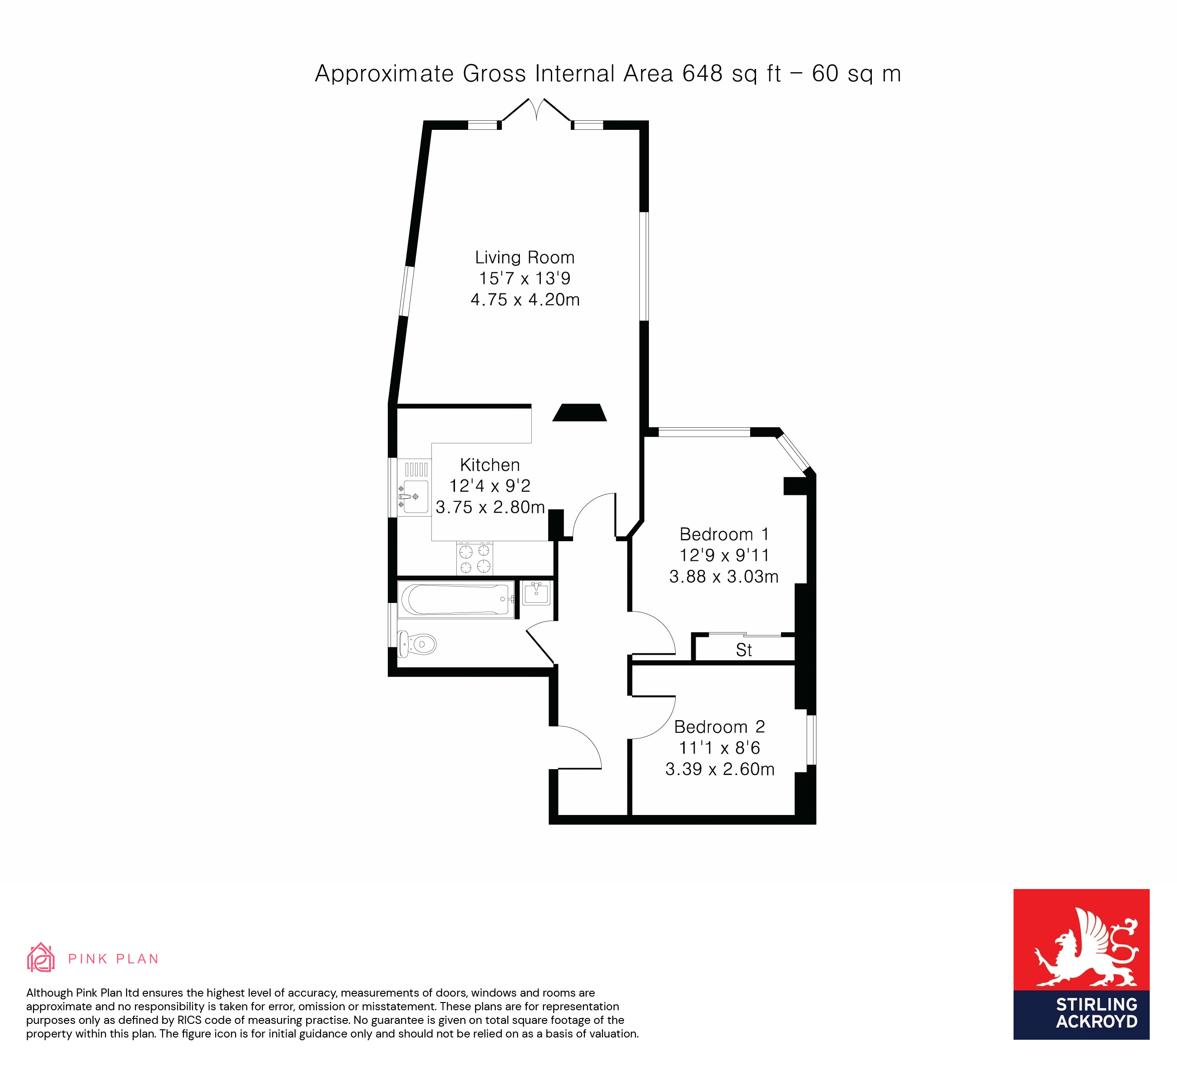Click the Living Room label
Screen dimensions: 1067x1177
[x=524, y=257]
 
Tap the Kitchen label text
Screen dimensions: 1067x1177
[x=489, y=464]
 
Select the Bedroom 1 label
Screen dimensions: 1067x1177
[x=724, y=534]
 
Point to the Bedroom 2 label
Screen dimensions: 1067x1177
[x=719, y=727]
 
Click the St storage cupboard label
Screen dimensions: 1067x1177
[x=743, y=650]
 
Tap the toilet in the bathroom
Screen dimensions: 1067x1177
[x=419, y=644]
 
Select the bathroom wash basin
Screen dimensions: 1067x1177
[x=536, y=593]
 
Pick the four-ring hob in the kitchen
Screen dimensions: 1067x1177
[x=475, y=558]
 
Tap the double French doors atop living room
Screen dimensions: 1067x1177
[x=536, y=111]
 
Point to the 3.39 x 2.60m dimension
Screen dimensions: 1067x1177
[x=720, y=769]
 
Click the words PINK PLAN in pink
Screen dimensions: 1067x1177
[x=113, y=959]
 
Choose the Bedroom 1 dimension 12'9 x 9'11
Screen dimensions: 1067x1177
[x=724, y=555]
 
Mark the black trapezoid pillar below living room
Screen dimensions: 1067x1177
[x=579, y=413]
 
